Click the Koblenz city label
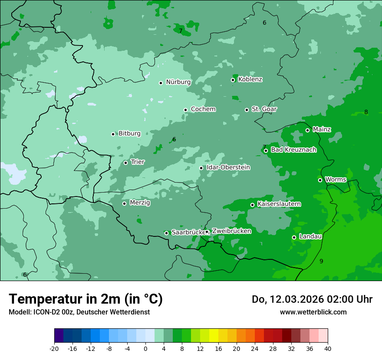pos(250,79)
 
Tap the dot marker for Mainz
pos(307,130)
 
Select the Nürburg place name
pos(178,82)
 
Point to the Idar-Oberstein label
pos(228,167)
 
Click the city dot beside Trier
pos(125,163)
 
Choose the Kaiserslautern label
pos(279,204)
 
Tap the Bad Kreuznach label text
pos(293,150)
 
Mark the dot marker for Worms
pos(320,180)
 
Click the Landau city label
pos(310,236)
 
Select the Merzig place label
pos(140,203)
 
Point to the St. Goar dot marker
pos(247,110)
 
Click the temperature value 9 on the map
pos(321,261)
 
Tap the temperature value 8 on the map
pos(366,112)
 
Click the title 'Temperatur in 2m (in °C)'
pos(86,299)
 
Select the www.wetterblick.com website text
pos(313,312)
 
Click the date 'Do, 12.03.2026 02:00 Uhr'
pos(312,299)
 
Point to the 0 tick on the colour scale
pos(145,349)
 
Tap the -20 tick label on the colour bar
pos(54,349)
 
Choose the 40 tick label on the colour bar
pos(328,349)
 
